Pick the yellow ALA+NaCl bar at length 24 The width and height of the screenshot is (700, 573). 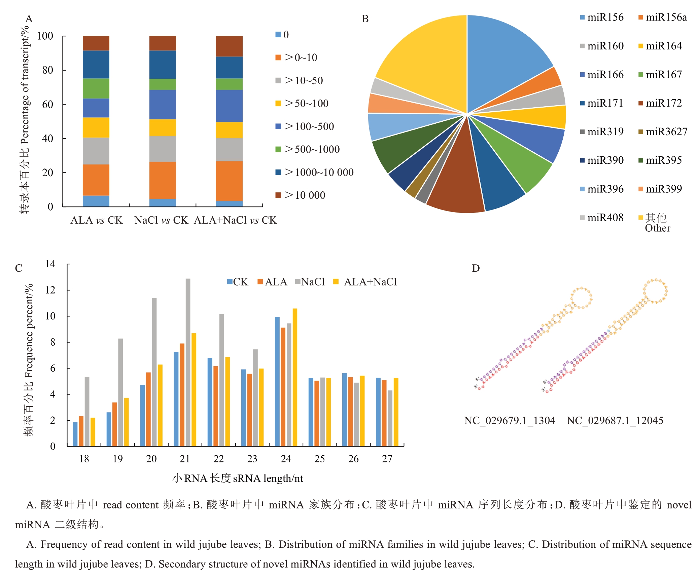(x=295, y=377)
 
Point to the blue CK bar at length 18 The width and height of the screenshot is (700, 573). (x=75, y=434)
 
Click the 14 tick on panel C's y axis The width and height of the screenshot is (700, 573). (x=50, y=264)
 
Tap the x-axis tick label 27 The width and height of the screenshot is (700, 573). (x=387, y=459)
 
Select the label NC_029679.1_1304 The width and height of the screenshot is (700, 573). (x=510, y=421)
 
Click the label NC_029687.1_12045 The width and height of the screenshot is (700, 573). (x=615, y=421)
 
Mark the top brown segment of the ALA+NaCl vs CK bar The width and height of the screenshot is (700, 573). (x=229, y=46)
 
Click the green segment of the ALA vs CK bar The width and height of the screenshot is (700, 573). (x=96, y=88)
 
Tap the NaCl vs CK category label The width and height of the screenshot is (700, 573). (x=161, y=220)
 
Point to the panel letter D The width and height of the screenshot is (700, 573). (x=476, y=268)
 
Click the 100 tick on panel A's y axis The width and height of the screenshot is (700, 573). (x=45, y=36)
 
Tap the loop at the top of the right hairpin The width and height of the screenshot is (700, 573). (x=655, y=291)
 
